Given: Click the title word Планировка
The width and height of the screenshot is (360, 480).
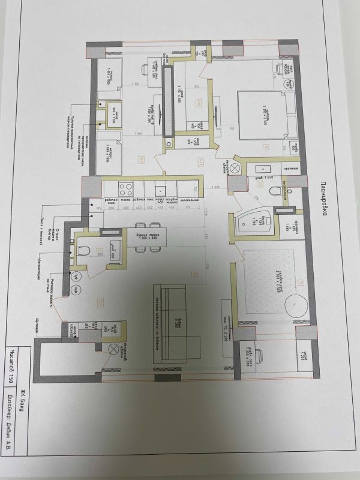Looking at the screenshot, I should (323, 198).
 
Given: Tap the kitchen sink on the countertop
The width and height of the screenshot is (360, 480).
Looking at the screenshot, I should (161, 190).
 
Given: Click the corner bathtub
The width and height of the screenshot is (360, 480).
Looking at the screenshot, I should (250, 224).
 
